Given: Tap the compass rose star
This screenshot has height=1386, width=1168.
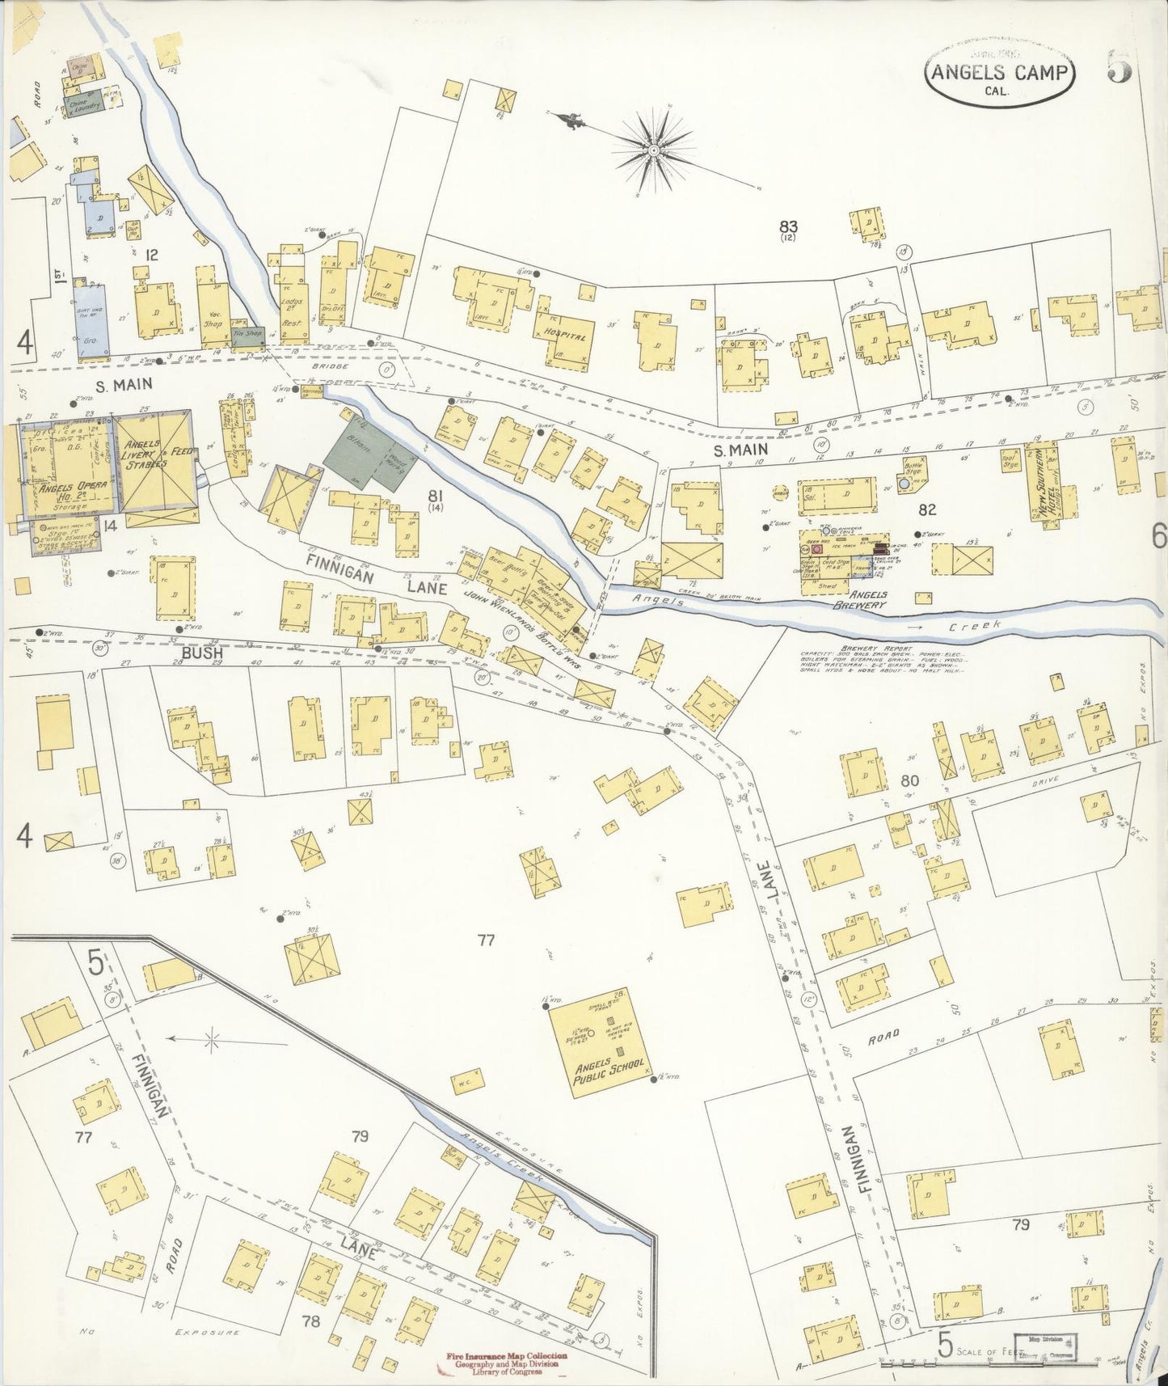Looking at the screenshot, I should pyautogui.click(x=653, y=151).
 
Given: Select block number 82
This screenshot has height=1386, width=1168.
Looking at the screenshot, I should pyautogui.click(x=926, y=509).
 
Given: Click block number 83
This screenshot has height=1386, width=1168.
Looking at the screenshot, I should pyautogui.click(x=788, y=226).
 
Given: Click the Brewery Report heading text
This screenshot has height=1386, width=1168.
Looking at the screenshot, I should pyautogui.click(x=865, y=649).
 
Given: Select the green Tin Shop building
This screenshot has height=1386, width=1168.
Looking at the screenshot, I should pyautogui.click(x=246, y=336).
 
